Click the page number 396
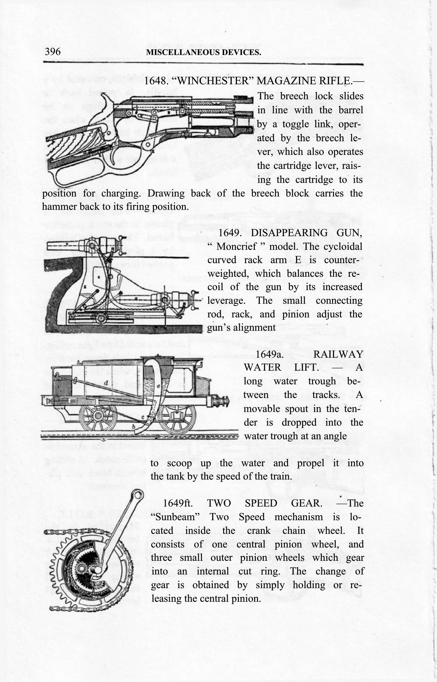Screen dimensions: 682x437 53,52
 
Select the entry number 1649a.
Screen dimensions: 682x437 269,354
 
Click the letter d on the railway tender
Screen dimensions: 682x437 105,383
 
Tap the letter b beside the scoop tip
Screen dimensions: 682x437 134,426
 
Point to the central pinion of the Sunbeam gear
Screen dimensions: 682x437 81,568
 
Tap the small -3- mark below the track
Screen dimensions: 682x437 104,440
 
